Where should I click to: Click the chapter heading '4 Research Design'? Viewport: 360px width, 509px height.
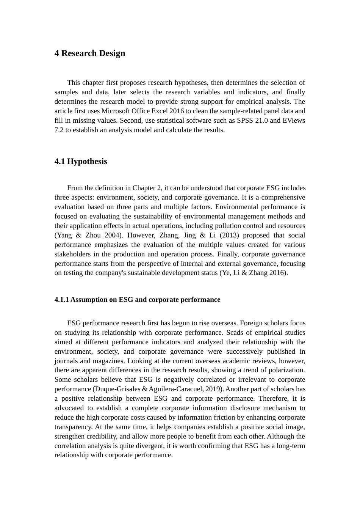point(90,53)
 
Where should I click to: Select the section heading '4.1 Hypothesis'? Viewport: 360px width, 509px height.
point(81,161)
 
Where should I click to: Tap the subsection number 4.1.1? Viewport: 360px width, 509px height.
point(62,300)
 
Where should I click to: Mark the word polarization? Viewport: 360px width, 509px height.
point(286,370)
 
